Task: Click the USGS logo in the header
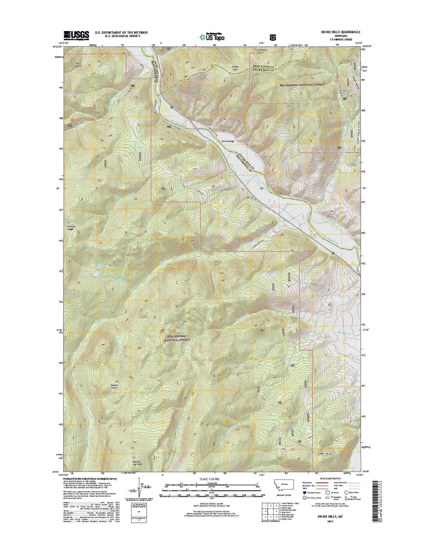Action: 76,35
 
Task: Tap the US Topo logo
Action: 212,36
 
